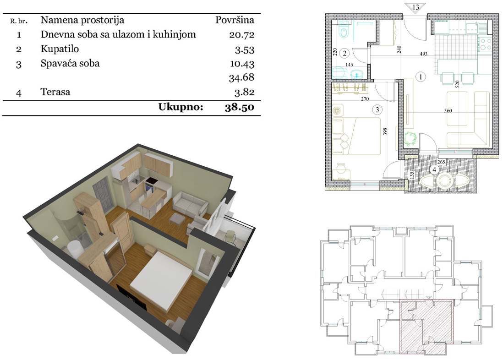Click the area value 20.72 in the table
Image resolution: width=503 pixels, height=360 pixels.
(x=241, y=35)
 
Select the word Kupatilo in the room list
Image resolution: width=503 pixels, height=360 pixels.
(x=60, y=49)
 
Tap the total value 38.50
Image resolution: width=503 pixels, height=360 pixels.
(x=239, y=107)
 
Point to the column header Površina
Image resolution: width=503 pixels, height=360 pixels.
(x=235, y=20)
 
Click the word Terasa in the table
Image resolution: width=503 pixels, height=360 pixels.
(x=55, y=92)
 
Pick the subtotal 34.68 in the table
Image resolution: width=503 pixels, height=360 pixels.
(x=241, y=77)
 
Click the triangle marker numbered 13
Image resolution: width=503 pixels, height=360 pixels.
(x=416, y=7)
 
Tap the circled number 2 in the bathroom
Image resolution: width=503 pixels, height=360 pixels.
(x=345, y=53)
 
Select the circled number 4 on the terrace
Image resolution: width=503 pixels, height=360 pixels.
(x=434, y=169)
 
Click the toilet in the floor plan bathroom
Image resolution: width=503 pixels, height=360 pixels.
(x=344, y=32)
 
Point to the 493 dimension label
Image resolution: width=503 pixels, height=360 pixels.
(x=423, y=54)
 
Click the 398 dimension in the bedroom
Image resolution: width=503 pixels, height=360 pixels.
(x=385, y=131)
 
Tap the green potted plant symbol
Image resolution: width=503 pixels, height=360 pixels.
(x=410, y=139)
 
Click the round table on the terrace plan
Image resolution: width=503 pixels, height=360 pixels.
(x=445, y=180)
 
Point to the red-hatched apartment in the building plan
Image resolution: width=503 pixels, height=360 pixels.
(x=426, y=326)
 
